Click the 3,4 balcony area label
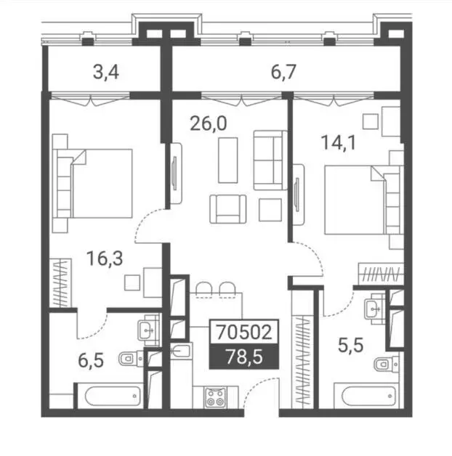point(106,72)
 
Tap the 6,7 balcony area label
point(284,72)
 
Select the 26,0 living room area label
point(209,123)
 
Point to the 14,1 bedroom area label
point(338,143)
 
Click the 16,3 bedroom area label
point(105,258)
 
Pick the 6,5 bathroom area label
point(91,360)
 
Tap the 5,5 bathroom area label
point(351,346)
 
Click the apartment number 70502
point(244,332)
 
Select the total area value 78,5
point(244,357)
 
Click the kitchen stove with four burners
point(216,397)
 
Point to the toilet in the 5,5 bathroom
point(387,364)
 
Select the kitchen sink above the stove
point(181,351)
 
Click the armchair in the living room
point(228,209)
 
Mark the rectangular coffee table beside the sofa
point(228,160)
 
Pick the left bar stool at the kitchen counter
point(204,290)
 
